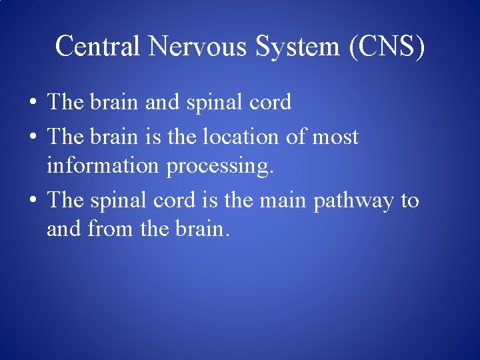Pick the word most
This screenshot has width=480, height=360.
tap(335, 137)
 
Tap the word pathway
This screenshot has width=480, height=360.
tap(353, 200)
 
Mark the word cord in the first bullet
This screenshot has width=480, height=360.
tap(269, 103)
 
